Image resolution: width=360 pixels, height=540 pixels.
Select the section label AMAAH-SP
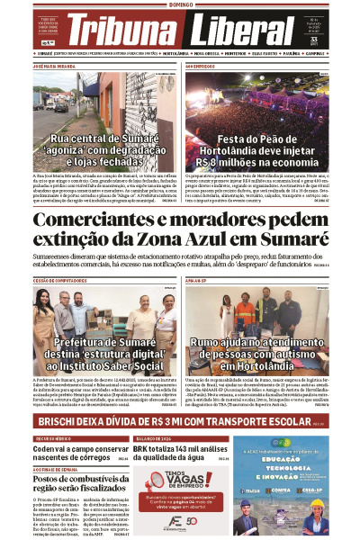198,282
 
